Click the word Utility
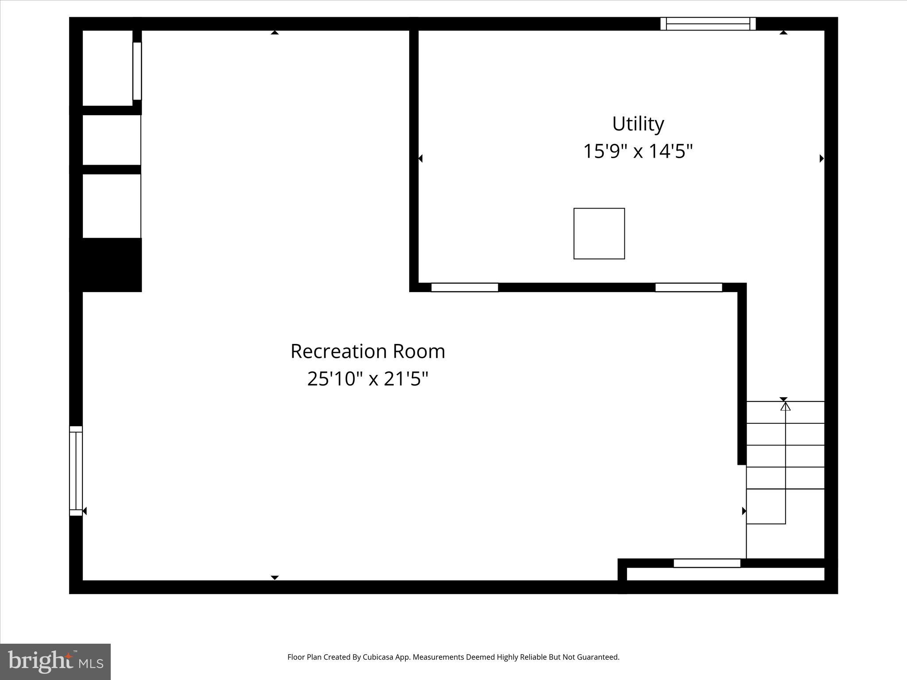coord(638,124)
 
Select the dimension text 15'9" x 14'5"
coord(637,151)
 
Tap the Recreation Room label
coord(368,352)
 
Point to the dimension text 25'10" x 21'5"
coord(368,379)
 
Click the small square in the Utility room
coord(599,233)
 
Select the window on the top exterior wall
coord(708,23)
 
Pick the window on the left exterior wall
coord(76,471)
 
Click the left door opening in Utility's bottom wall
coord(465,287)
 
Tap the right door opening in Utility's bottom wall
coord(689,287)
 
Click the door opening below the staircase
coord(707,563)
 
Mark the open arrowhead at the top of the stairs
coord(785,406)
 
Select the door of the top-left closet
coord(137,71)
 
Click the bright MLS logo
coord(55,661)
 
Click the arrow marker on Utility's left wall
coord(420,158)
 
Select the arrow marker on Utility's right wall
coord(822,158)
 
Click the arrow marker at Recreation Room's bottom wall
coord(275,577)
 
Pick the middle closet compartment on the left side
coord(111,140)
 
